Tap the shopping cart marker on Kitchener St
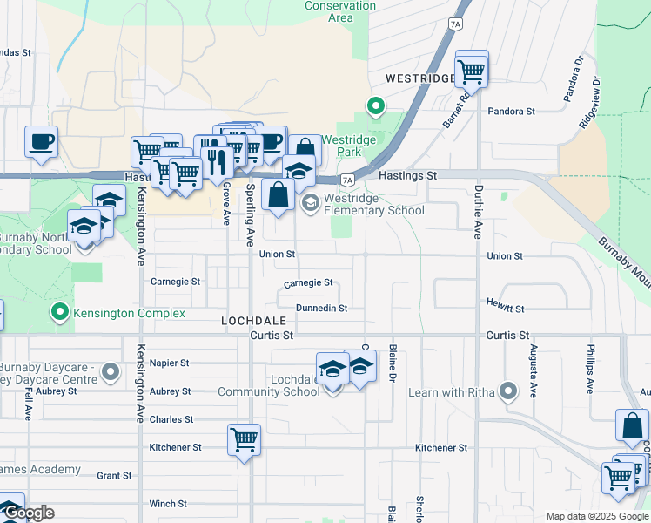(x=245, y=439)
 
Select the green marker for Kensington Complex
(x=59, y=311)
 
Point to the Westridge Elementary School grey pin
(x=310, y=203)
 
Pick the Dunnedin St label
(x=321, y=309)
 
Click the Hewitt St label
(x=506, y=309)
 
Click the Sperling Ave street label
(x=250, y=214)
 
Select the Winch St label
(x=168, y=504)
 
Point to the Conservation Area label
(x=340, y=11)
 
